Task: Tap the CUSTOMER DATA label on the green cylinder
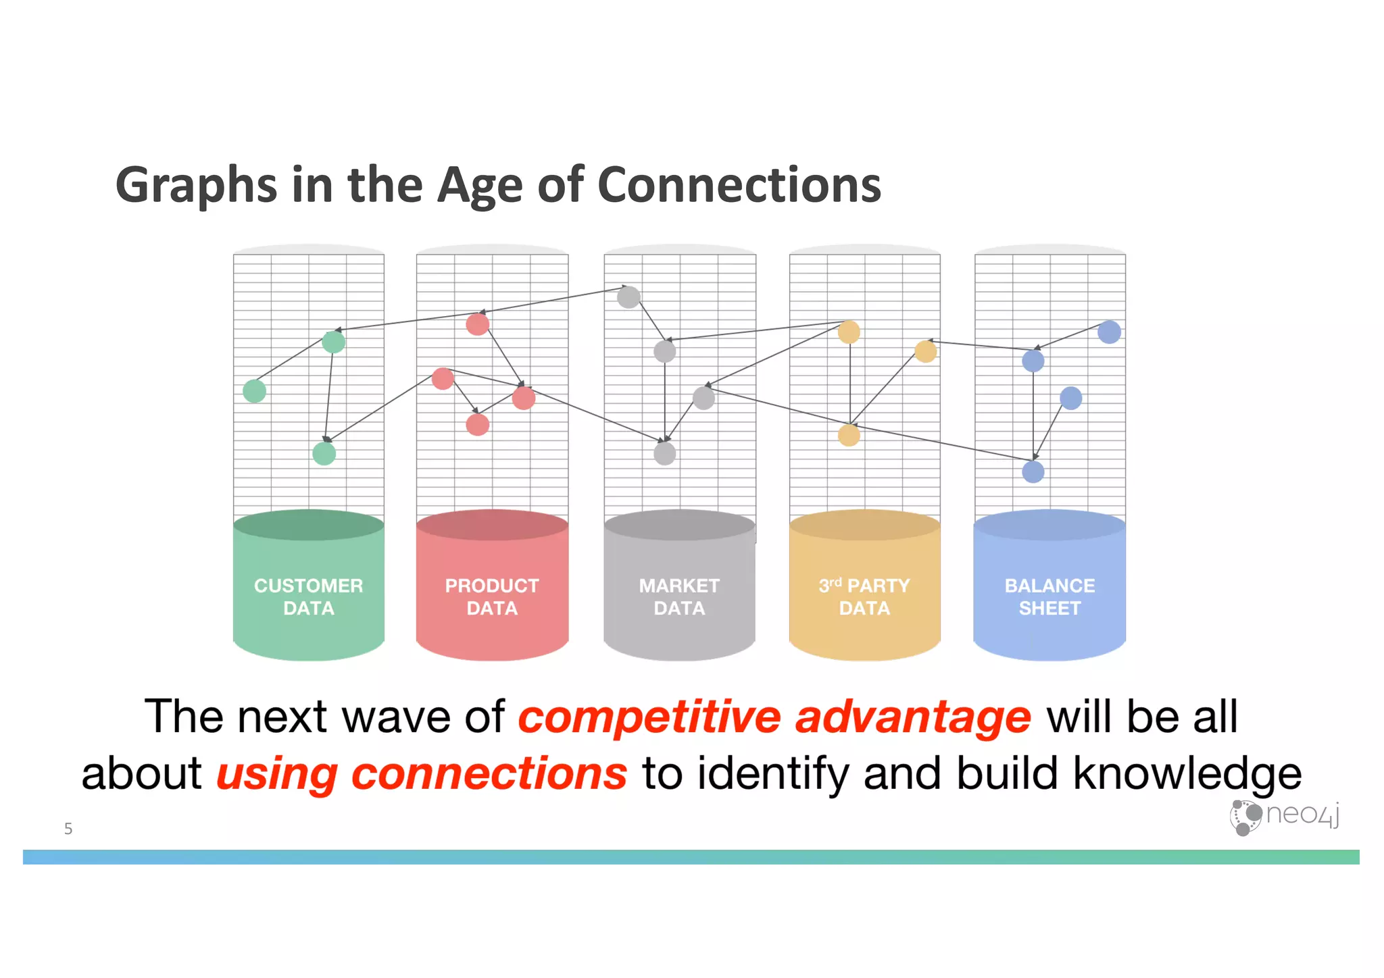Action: tap(308, 597)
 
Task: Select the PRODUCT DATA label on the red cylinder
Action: tap(492, 597)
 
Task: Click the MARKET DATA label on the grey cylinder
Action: tap(679, 597)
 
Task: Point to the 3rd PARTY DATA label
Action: tap(864, 597)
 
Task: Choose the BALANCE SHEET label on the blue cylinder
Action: tap(1049, 597)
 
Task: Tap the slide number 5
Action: tap(68, 829)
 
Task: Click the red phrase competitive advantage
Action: tap(774, 717)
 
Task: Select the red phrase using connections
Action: tap(422, 774)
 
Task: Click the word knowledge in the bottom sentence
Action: tap(1187, 774)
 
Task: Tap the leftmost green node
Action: tap(255, 391)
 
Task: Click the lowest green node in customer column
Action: tap(324, 453)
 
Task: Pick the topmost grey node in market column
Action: tap(628, 297)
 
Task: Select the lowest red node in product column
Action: tap(478, 425)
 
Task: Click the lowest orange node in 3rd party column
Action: tap(849, 435)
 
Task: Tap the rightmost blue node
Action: tap(1109, 332)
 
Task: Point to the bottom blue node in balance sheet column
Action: tap(1033, 471)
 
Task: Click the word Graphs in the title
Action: tap(196, 184)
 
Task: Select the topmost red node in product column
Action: tap(478, 325)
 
